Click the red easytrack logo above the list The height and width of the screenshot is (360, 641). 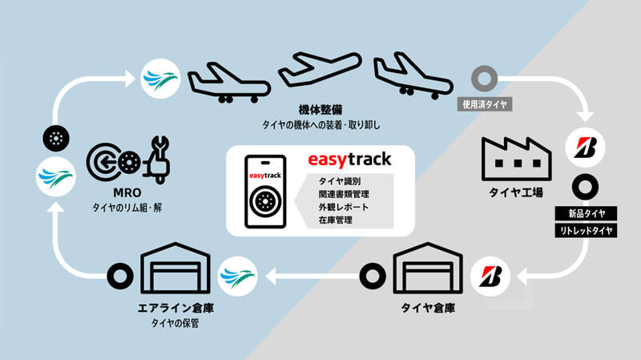point(349,160)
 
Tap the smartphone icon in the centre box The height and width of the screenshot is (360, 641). point(265,192)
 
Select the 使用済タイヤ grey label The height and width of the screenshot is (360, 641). point(485,105)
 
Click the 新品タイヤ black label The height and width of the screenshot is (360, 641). point(586,213)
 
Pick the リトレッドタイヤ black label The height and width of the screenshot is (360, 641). point(586,231)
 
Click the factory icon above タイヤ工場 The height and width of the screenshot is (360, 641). point(517,159)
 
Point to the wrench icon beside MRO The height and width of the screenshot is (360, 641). point(158,160)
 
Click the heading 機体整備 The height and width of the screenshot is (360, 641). point(320,110)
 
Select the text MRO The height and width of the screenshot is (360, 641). point(127,192)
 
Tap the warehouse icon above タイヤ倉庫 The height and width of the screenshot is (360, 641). point(428,268)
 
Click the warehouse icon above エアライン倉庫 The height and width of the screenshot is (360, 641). point(175,268)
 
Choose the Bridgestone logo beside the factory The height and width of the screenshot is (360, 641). point(585,148)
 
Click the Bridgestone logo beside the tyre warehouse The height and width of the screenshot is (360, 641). point(490,277)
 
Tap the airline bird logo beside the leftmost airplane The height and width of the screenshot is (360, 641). point(161,79)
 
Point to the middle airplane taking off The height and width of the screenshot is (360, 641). point(320,68)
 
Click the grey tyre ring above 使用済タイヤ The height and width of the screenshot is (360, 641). point(485,78)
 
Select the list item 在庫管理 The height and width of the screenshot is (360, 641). point(336,220)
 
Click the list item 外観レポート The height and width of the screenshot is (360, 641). point(344,207)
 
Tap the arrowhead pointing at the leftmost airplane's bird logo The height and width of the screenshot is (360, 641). point(130,79)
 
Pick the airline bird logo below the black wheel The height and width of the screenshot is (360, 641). point(55,176)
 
